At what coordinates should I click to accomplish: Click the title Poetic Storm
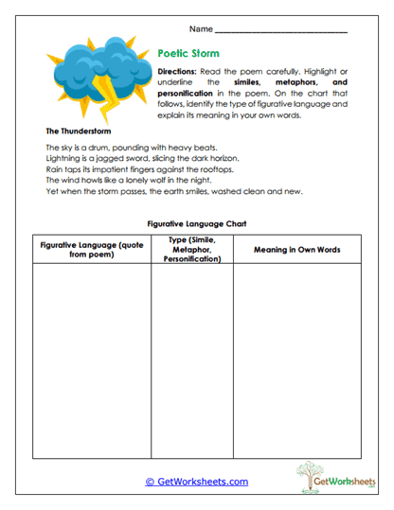[x=188, y=55]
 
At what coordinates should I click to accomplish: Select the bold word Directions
[x=176, y=72]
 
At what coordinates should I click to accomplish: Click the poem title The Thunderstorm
[x=78, y=131]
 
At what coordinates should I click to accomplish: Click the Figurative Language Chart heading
[x=196, y=223]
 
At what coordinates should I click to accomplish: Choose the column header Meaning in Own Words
[x=296, y=250]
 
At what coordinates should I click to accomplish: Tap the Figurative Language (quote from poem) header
[x=91, y=250]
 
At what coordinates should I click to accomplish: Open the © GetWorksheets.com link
[x=196, y=482]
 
